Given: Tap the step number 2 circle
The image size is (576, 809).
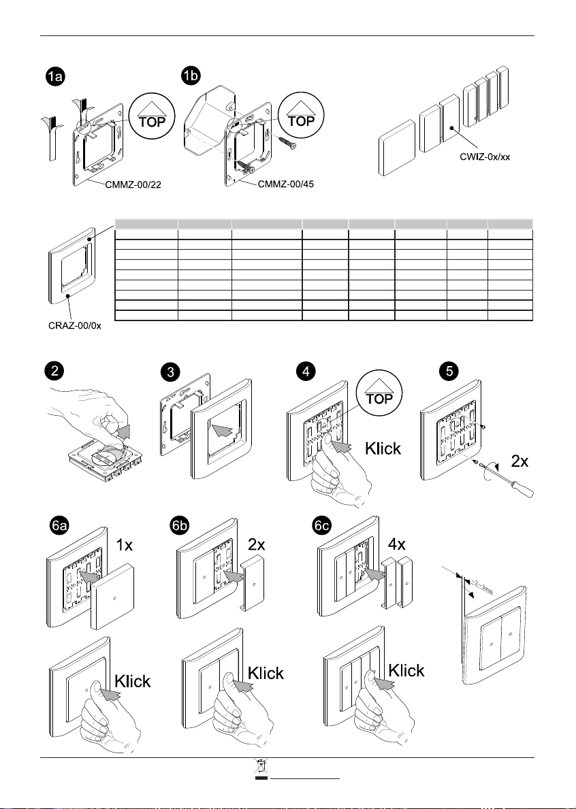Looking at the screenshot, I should [54, 371].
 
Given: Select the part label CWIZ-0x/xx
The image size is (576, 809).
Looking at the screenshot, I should [482, 156].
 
